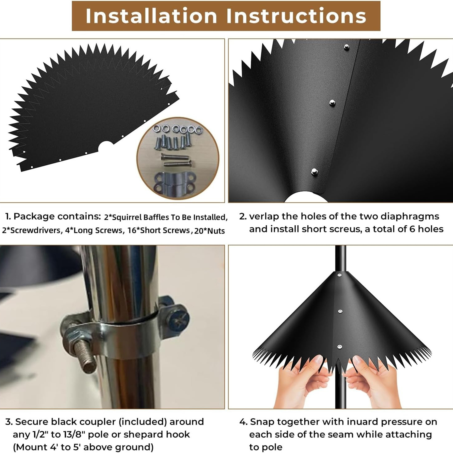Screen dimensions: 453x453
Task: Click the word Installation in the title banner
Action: point(151,16)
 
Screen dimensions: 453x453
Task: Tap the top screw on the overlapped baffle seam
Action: point(346,47)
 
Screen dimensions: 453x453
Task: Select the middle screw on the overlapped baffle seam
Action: point(332,103)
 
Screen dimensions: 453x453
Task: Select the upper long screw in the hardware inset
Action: point(174,156)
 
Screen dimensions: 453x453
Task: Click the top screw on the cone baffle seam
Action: point(339,275)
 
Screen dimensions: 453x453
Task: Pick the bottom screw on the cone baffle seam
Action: point(340,347)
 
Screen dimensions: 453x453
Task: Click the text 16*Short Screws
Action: point(159,230)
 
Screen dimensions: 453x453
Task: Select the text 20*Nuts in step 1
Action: point(210,231)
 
